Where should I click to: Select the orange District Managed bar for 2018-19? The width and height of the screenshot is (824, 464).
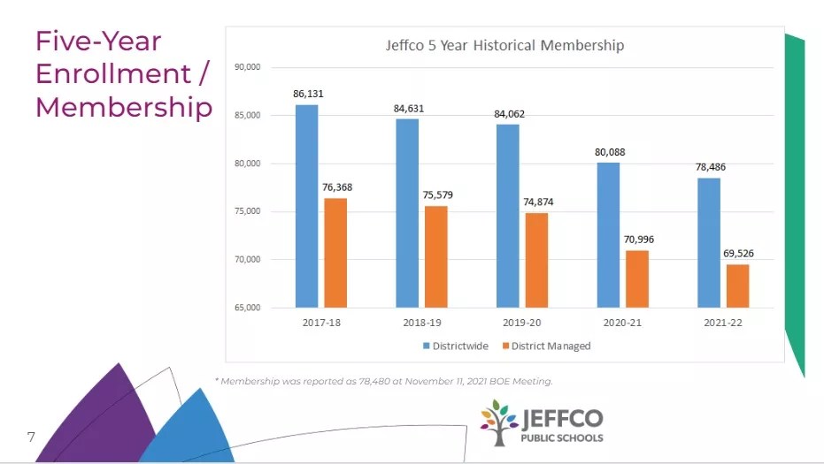coord(435,256)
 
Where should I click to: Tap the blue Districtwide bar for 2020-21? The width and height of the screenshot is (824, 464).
coord(608,234)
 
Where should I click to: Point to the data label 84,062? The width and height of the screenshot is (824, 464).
coord(509,113)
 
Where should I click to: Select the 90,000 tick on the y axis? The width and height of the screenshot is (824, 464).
coord(247,67)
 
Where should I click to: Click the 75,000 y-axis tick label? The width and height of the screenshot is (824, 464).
coord(247,211)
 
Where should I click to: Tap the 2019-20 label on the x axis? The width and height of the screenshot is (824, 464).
coord(520,323)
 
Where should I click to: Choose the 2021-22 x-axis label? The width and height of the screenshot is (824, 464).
coord(723,323)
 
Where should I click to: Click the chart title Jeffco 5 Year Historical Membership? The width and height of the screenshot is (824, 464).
coord(504,45)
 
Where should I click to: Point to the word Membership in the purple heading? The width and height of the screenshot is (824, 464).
coord(124,107)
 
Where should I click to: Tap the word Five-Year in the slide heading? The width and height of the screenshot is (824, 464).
coord(98,41)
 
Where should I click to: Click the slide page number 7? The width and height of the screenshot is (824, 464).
coord(31,437)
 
